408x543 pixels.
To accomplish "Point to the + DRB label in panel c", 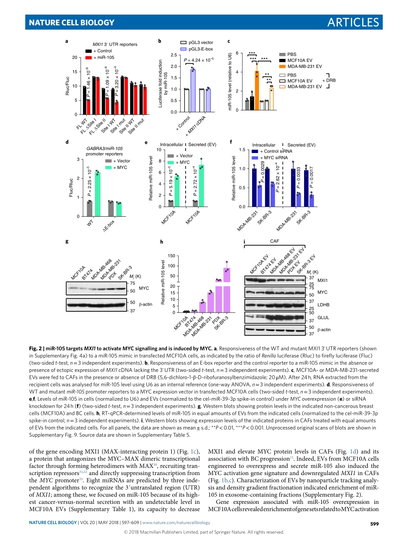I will click(329, 80).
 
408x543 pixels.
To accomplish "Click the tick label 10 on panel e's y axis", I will click(158, 150).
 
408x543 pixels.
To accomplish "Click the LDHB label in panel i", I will click(322, 304).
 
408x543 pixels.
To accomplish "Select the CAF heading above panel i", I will click(274, 242).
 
